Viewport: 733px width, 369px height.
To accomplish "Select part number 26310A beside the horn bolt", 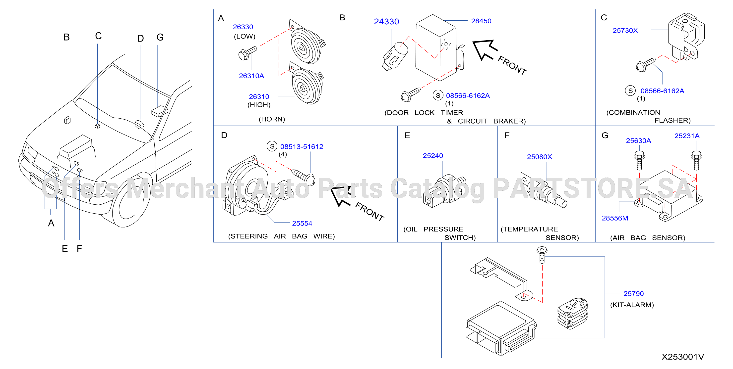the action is pos(251,76).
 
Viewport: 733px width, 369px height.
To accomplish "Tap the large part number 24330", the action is pos(386,22).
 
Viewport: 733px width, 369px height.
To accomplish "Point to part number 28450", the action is pos(481,21).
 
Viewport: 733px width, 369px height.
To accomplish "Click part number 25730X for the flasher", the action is pos(625,30).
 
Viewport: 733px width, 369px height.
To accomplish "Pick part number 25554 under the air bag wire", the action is pos(302,224).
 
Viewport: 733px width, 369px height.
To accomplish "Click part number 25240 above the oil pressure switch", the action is pos(433,156).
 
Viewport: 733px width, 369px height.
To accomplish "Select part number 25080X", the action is pos(540,157).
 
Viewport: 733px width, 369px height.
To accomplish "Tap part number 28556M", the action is pos(615,218).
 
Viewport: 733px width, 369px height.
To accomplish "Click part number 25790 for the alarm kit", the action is pos(633,294).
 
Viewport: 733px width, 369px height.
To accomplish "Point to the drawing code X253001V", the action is pos(683,357).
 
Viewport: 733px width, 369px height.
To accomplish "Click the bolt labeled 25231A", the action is pos(696,160).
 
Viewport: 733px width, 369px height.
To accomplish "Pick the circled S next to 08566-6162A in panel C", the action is pos(630,91).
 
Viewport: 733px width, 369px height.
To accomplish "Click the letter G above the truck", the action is pos(160,37).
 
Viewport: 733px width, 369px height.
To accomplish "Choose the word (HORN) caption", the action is pos(272,119).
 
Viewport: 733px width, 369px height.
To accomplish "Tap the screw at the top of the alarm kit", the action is pos(542,255).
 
